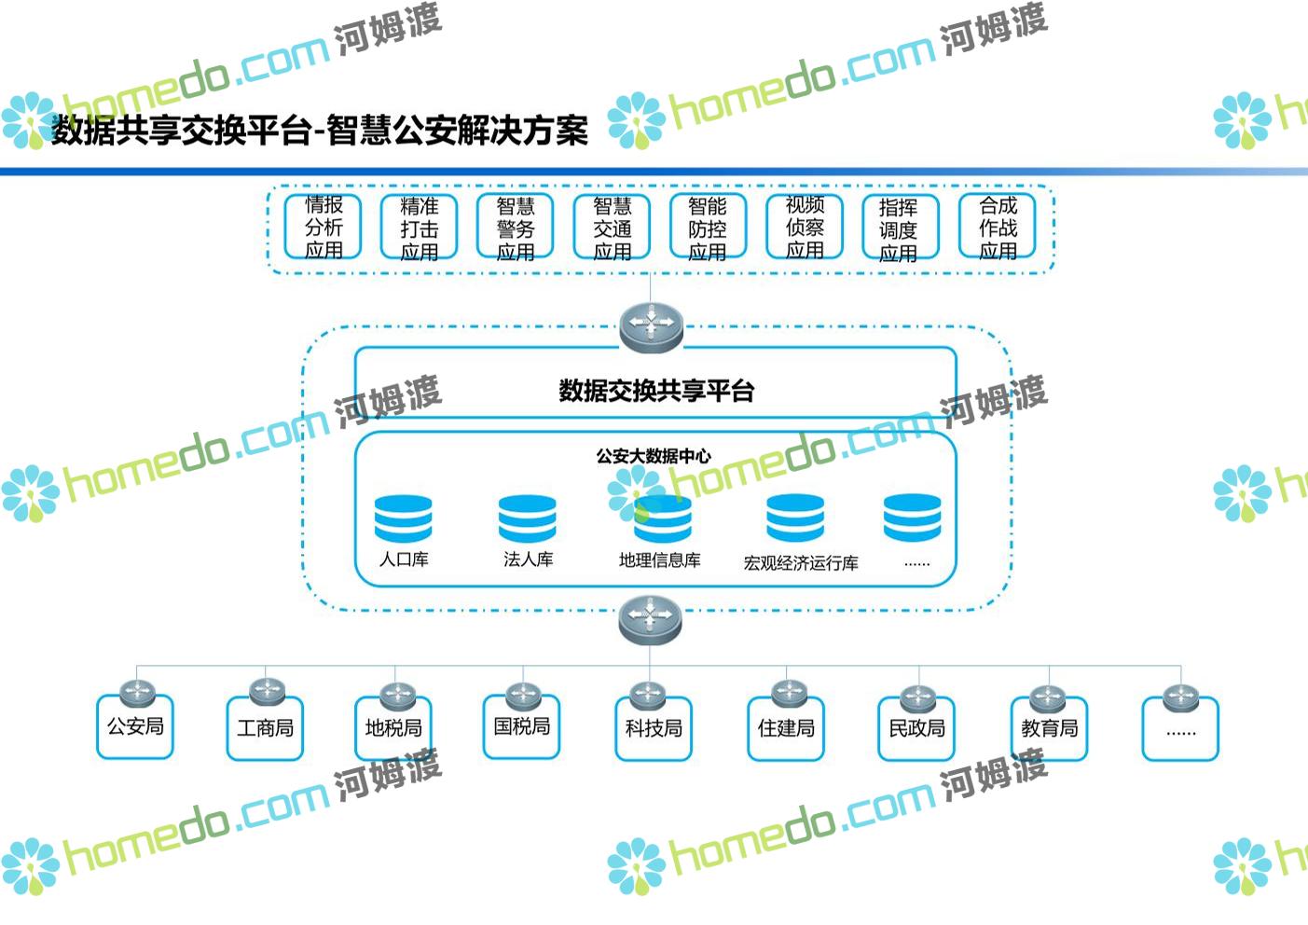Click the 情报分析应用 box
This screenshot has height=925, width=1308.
click(x=323, y=228)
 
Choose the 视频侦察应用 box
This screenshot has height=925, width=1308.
click(x=804, y=228)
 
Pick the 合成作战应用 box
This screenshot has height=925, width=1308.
click(x=997, y=228)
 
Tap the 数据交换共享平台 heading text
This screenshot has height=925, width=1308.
click(x=655, y=391)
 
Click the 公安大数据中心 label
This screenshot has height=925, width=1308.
click(x=654, y=456)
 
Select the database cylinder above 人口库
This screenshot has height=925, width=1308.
click(x=403, y=518)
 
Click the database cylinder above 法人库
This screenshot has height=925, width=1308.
click(x=527, y=518)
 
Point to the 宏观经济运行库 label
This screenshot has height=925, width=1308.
click(x=801, y=563)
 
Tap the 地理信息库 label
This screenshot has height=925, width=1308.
click(x=659, y=560)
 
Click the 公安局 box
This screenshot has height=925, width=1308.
click(x=135, y=727)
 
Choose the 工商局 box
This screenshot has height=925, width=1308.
click(x=265, y=728)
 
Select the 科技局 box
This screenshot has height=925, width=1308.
click(x=654, y=728)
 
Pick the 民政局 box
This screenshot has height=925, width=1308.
click(x=916, y=728)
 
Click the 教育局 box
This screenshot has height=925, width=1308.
click(x=1049, y=728)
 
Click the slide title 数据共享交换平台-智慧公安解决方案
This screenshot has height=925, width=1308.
click(x=320, y=131)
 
